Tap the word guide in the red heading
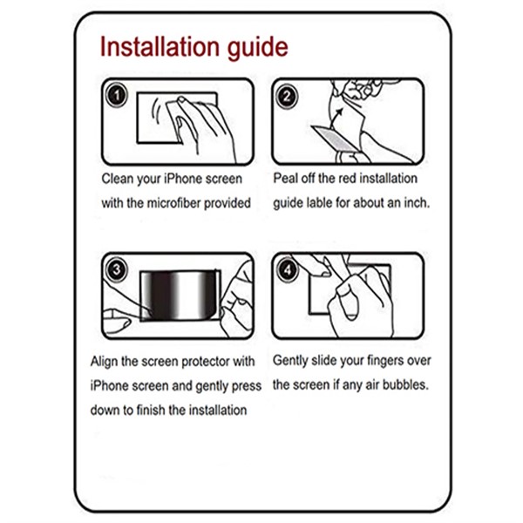256,47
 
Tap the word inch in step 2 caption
415,202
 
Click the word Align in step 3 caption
106,361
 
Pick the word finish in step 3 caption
157,410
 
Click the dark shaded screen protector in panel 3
179,296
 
